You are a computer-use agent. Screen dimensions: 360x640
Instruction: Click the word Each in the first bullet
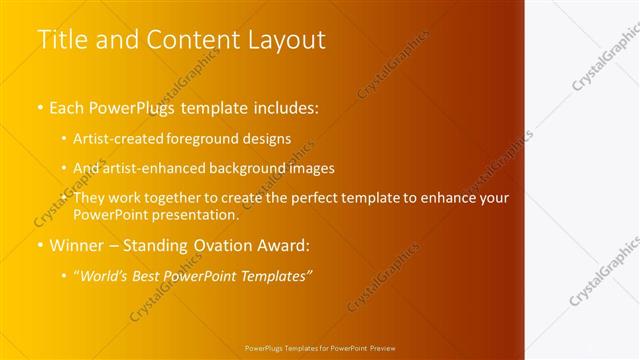click(68, 105)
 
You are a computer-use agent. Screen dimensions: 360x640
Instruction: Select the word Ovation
click(214, 245)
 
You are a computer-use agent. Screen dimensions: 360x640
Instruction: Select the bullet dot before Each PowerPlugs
click(40, 106)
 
